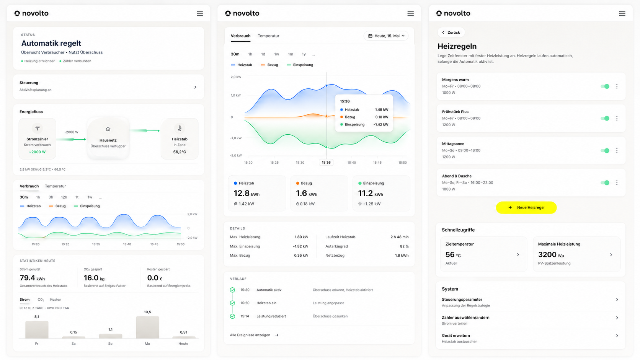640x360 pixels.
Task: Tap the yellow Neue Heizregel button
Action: tap(526, 208)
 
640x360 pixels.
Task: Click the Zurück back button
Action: tap(451, 32)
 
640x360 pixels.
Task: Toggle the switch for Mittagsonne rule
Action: tap(605, 150)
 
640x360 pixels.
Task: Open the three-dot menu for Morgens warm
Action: tap(617, 86)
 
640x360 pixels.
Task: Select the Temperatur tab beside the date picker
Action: tap(268, 36)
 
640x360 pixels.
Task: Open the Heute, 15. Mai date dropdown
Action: tap(386, 36)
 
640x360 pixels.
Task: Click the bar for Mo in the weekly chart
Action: tap(147, 327)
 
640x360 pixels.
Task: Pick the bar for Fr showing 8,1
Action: tap(37, 329)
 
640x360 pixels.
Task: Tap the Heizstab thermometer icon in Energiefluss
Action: tap(180, 129)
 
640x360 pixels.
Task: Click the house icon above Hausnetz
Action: tap(108, 129)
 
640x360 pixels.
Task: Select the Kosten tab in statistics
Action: tap(56, 300)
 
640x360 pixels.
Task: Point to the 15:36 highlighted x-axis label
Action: tap(326, 163)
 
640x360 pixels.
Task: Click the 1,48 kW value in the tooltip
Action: tap(381, 110)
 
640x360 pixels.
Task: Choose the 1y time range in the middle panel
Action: tap(304, 54)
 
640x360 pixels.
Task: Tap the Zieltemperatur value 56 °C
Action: tap(453, 255)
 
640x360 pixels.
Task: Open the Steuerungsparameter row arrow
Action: tap(617, 300)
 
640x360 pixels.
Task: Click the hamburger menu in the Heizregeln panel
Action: tap(622, 13)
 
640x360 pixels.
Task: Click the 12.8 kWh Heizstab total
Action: tap(247, 193)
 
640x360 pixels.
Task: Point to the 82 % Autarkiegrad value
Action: tap(404, 246)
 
